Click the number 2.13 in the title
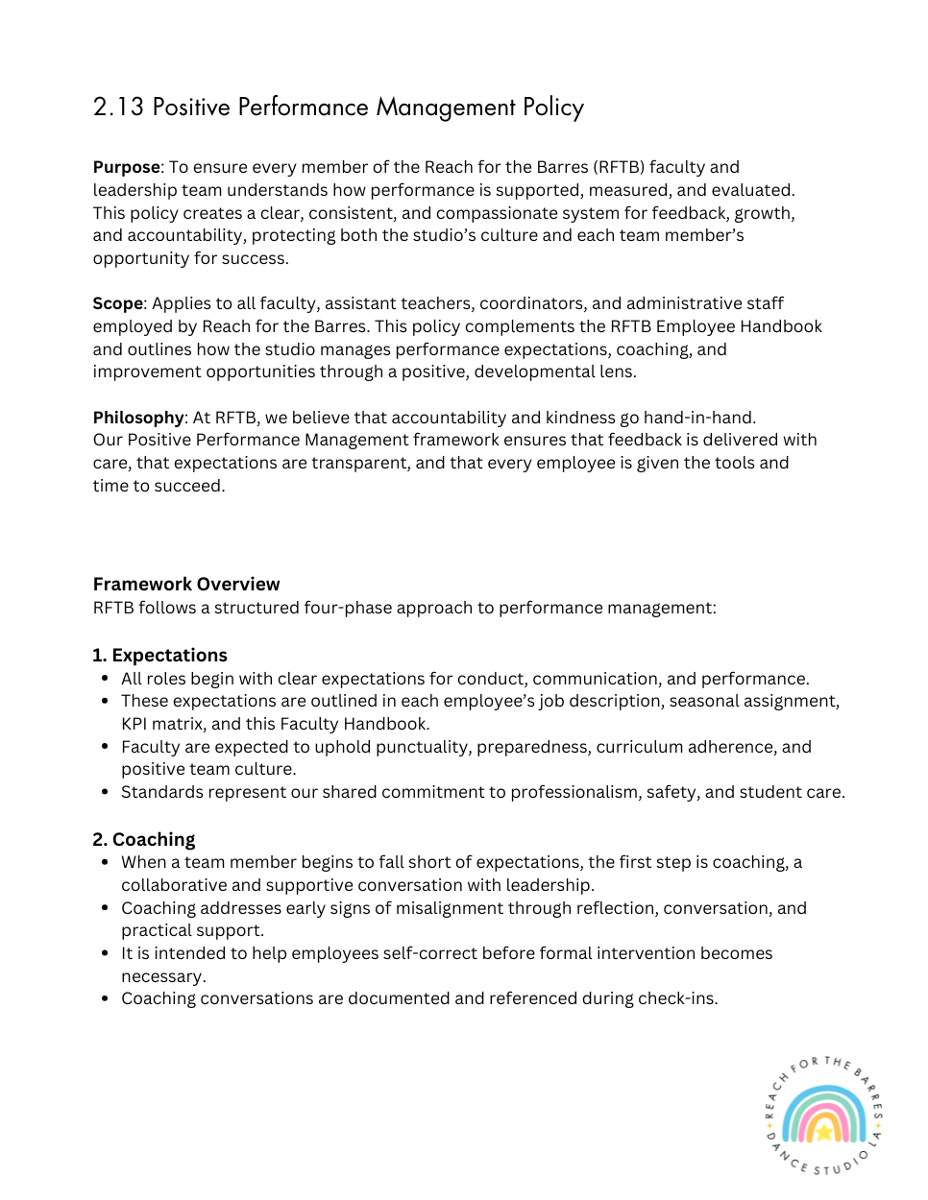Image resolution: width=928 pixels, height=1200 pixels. pos(118,107)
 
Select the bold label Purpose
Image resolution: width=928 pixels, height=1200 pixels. pos(126,167)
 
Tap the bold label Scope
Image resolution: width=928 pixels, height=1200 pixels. pos(117,303)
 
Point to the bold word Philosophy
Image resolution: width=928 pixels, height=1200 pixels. pos(138,418)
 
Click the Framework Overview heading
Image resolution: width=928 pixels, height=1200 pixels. pos(186,584)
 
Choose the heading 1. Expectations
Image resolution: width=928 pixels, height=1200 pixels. pos(159,655)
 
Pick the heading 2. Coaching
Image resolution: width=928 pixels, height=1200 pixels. pos(143,839)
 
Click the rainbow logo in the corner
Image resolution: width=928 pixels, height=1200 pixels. pos(823,1116)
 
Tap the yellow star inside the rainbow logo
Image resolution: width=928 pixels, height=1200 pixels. pos(823,1132)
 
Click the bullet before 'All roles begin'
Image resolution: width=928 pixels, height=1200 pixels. pos(105,679)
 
